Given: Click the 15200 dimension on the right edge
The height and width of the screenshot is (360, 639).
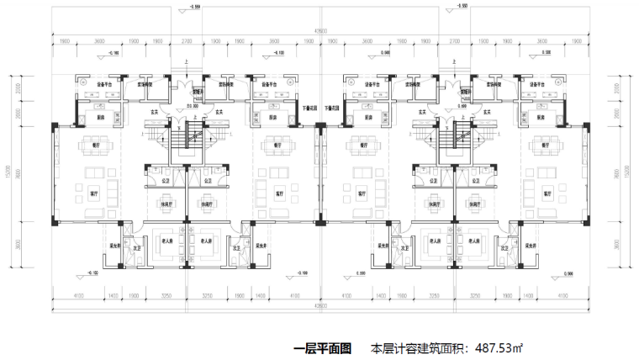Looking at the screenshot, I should click(x=629, y=172).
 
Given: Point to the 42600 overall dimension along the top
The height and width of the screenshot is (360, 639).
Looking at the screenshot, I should click(x=319, y=31).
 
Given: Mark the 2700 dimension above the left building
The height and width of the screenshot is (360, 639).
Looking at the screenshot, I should click(x=187, y=40).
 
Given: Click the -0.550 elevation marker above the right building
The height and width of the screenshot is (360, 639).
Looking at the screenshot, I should click(x=462, y=7).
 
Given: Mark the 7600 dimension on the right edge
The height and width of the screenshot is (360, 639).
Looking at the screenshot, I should click(x=618, y=173).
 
